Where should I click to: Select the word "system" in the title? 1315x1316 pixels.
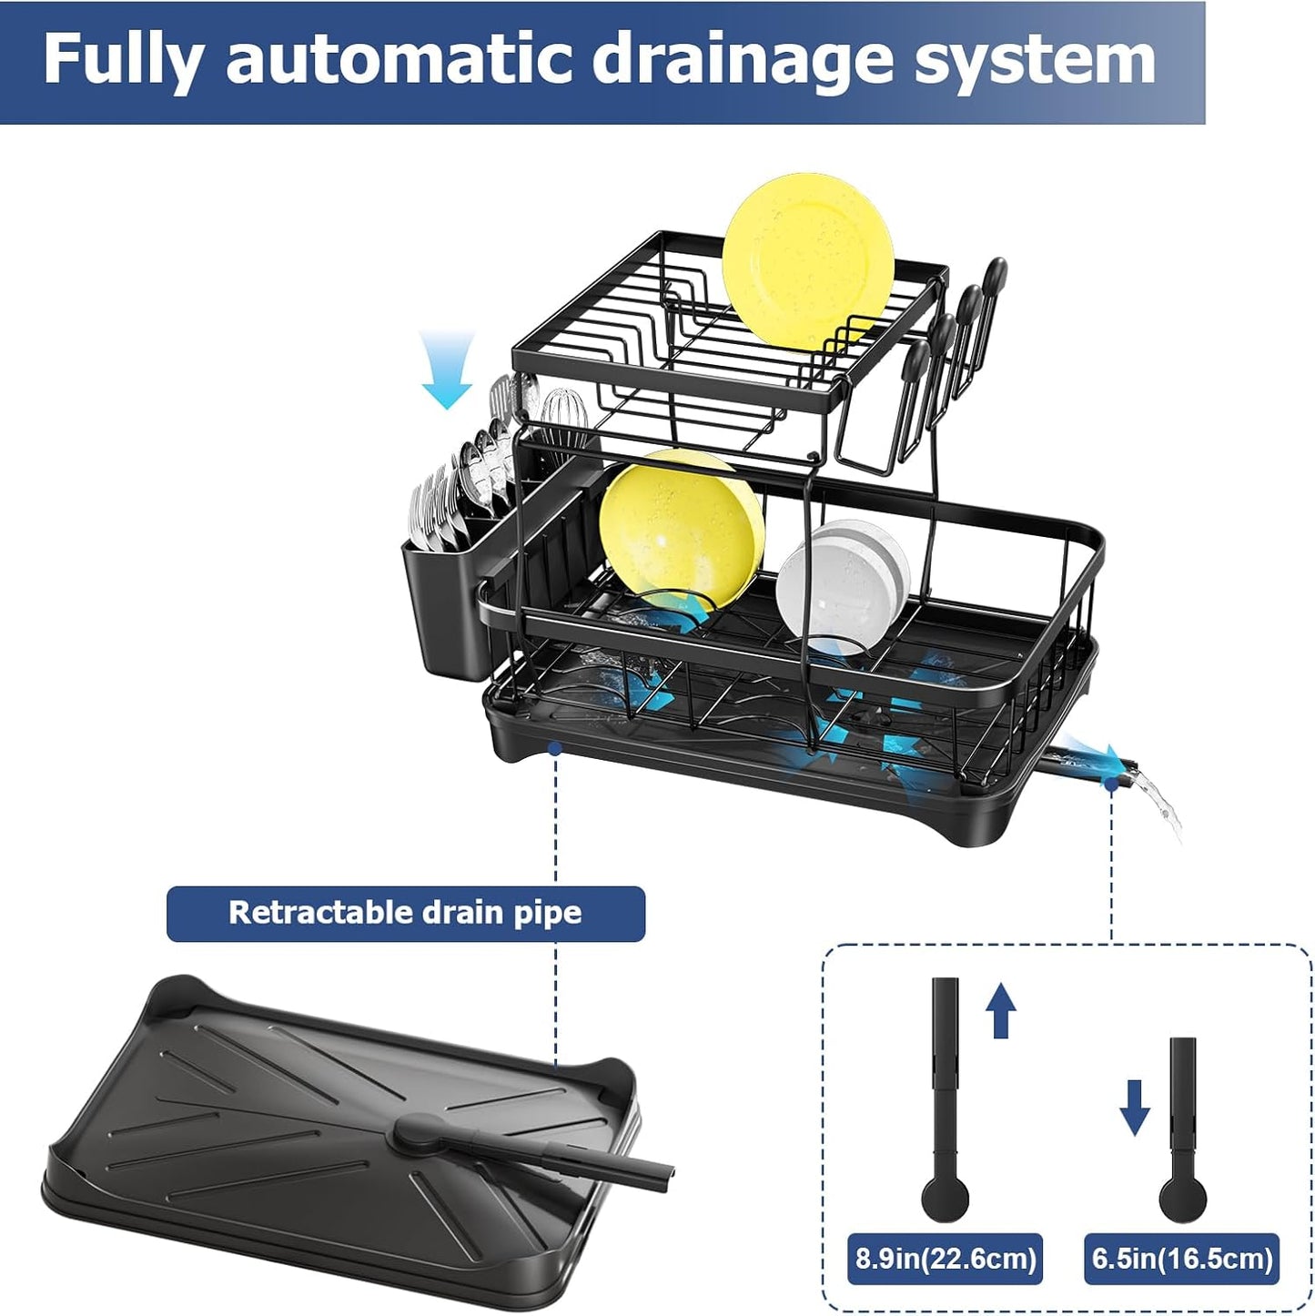point(1035,60)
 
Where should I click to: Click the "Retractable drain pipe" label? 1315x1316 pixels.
point(405,913)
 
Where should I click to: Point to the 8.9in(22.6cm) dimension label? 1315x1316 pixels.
point(945,1259)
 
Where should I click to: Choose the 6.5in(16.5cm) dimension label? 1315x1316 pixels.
point(1181,1259)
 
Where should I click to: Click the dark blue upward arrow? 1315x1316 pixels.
point(1001,1009)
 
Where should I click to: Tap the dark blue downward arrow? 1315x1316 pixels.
point(1134,1107)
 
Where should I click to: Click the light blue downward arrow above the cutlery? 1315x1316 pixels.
point(448,369)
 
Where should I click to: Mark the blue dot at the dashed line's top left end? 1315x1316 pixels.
point(554,748)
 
